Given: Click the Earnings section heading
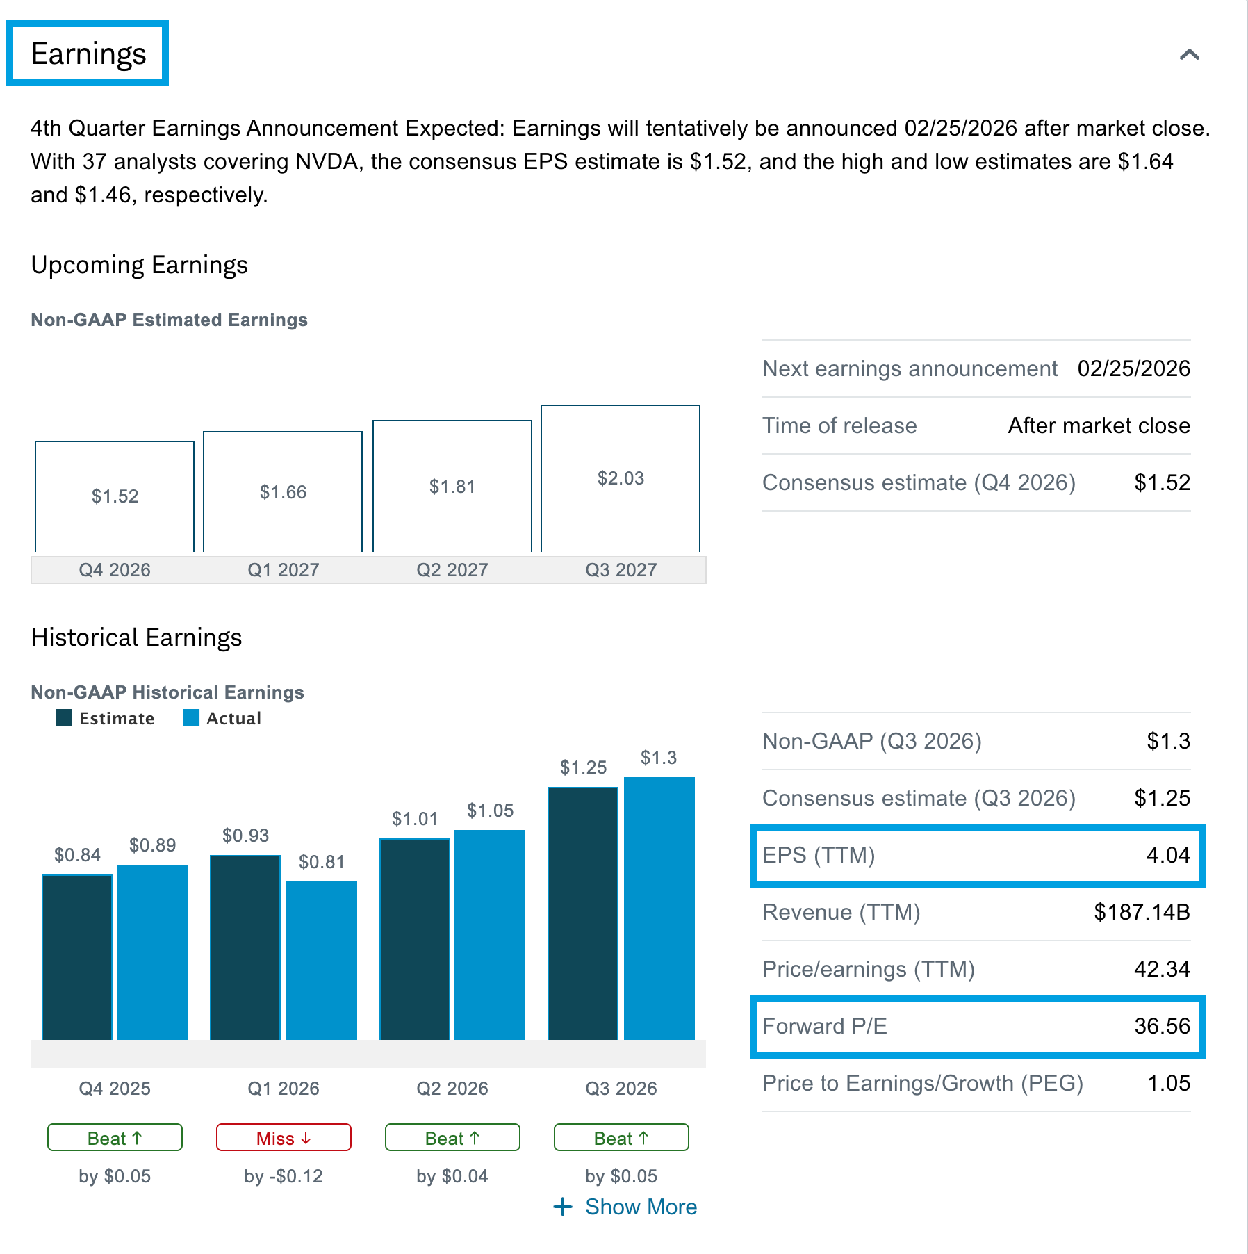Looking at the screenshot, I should point(88,54).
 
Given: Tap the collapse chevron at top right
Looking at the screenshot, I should point(1189,54).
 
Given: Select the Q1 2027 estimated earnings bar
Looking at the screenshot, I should point(283,491).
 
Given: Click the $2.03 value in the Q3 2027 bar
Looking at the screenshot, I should point(621,478).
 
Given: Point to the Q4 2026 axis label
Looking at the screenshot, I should point(115,570).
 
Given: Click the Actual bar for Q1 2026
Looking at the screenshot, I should point(322,959).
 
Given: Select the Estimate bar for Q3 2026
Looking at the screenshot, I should point(583,913).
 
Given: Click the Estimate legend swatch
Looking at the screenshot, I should point(64,718).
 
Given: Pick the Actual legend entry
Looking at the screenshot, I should point(222,718).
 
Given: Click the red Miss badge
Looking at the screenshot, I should point(284,1138).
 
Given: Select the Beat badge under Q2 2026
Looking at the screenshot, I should point(452,1138).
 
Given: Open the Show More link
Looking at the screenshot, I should point(626,1207).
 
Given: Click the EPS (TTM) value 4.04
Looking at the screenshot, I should point(1168,855).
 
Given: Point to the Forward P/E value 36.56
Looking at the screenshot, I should point(1162,1026).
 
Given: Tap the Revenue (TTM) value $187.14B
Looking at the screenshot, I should point(1142,912).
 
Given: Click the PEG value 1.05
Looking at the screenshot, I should point(1169,1083).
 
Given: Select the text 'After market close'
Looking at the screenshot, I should point(1099,425).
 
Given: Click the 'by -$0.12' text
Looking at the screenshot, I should point(284,1176).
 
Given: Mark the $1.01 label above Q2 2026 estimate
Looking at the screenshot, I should point(415,819).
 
